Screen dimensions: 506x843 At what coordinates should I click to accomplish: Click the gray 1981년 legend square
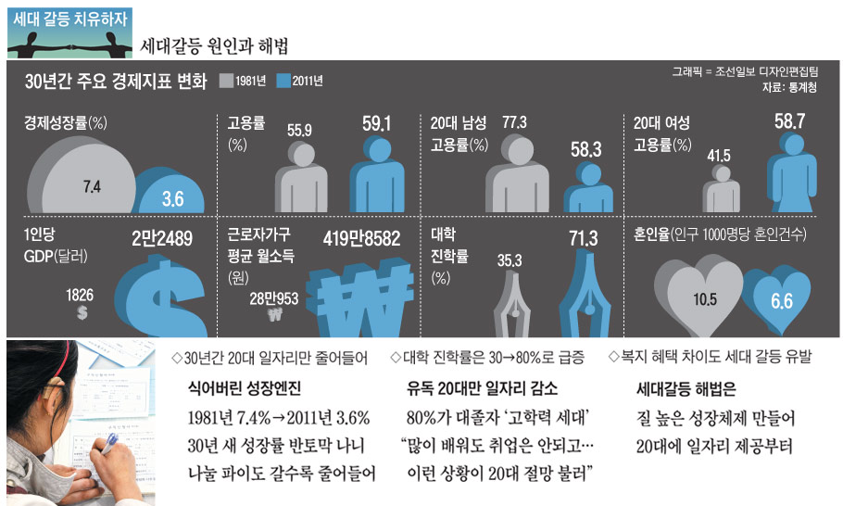(x=226, y=82)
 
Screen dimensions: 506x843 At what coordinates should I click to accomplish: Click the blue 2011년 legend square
(x=283, y=82)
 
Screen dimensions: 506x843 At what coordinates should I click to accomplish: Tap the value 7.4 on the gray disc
(x=92, y=186)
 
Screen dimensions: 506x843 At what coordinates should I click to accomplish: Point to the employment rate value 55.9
(x=299, y=130)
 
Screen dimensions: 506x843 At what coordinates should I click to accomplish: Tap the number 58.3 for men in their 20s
(x=585, y=148)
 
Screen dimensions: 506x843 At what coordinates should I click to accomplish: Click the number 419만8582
(x=361, y=238)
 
